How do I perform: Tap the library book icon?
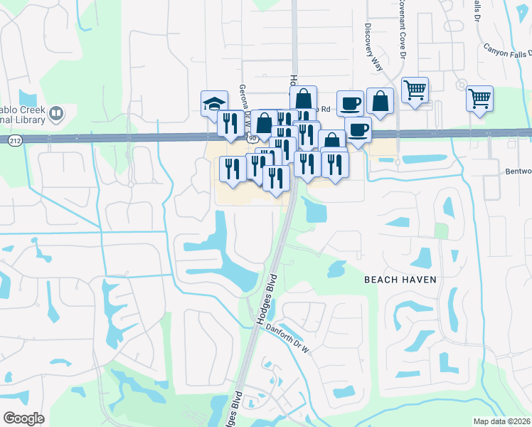(55, 112)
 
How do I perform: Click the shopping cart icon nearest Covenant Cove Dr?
(415, 90)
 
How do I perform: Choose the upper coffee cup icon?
(349, 103)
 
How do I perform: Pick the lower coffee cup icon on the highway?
(358, 130)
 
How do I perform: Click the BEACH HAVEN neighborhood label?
(400, 280)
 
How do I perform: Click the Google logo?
(23, 418)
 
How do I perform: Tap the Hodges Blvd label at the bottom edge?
(232, 408)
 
